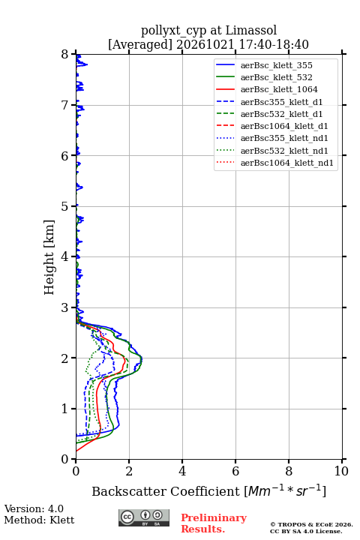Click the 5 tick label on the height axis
point(65,207)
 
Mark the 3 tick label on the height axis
point(65,307)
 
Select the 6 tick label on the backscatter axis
point(235,471)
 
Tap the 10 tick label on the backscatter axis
point(341,471)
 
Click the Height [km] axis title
point(49,257)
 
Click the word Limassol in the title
point(251,31)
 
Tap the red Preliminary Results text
point(214,523)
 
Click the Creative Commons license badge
point(144,517)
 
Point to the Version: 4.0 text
point(34,508)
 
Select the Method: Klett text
point(39,520)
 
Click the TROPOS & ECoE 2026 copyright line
point(312,524)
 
